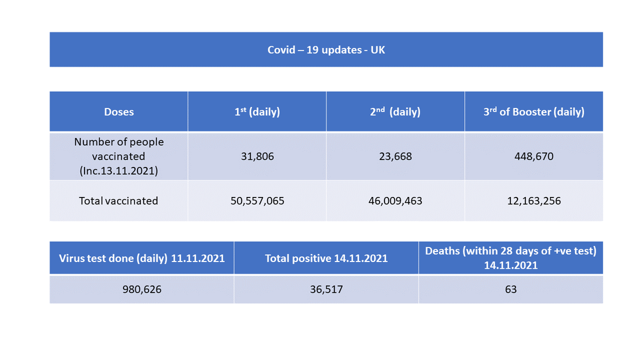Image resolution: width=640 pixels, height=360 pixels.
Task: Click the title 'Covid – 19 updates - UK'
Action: coord(326,50)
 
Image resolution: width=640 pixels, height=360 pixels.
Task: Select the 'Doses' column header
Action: coord(119,112)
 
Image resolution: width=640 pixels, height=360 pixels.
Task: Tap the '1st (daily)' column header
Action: coord(257,112)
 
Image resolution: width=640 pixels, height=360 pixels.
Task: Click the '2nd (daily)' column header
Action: coord(395,112)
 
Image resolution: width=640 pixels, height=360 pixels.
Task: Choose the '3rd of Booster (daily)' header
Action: coord(534,112)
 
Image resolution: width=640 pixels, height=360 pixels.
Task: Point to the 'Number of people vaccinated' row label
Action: coord(119,149)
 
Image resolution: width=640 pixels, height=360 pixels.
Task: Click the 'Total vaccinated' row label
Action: coord(119,201)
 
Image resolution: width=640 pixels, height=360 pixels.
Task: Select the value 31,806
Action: coord(257,156)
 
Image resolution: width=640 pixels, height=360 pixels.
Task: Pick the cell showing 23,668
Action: coord(395,156)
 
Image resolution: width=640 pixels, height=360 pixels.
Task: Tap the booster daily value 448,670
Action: coord(534,156)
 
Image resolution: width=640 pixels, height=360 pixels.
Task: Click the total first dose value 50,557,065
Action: coord(257,201)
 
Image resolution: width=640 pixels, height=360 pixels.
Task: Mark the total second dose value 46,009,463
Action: coord(395,201)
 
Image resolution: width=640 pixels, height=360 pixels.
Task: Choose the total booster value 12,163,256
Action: coord(534,201)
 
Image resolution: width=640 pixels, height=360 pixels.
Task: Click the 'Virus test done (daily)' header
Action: coord(142,258)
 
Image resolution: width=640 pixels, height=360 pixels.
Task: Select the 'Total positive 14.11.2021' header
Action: coord(326,258)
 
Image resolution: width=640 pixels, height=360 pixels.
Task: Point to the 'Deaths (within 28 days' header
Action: coord(510,251)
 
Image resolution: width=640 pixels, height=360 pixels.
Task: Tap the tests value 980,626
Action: coord(142,289)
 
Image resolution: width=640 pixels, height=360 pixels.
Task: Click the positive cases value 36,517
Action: coord(326,289)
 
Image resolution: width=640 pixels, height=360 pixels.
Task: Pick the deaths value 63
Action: coord(510,289)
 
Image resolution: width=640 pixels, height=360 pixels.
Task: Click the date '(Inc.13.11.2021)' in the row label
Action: coord(119,171)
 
